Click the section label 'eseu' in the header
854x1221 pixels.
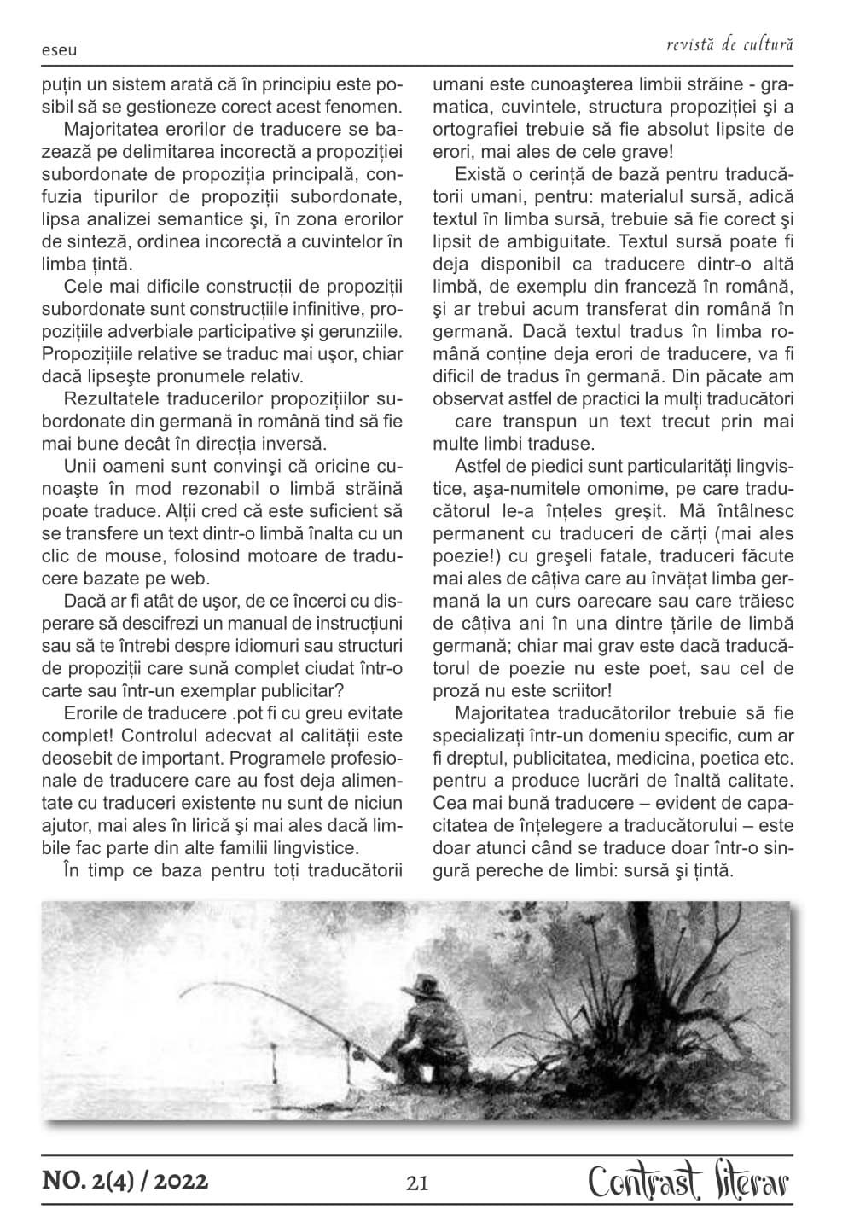coord(59,50)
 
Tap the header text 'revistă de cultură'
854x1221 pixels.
coord(731,44)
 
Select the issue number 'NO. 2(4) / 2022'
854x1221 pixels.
coord(125,1182)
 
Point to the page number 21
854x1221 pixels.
coord(418,1183)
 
